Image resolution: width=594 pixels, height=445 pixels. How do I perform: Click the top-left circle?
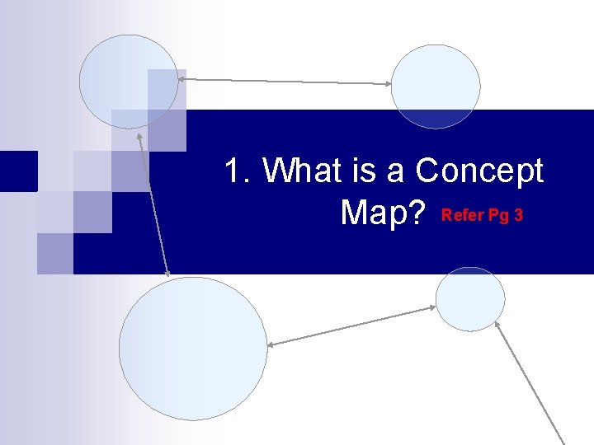coord(128,81)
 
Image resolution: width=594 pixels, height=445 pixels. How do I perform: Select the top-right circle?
coord(436,86)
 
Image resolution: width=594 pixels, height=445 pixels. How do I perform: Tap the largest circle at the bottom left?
coord(193,349)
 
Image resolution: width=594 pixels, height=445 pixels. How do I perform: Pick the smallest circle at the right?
coord(469,299)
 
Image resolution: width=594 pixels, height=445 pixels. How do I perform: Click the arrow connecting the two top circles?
coord(285,82)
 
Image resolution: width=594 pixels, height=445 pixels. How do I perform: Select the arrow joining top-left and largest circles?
coord(154,203)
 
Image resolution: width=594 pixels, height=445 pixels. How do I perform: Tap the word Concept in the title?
coord(479,171)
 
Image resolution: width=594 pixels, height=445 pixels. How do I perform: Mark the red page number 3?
coord(518,216)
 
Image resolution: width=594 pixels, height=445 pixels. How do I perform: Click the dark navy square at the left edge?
coord(18,171)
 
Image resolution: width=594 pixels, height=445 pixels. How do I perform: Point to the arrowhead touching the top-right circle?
coord(387,83)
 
